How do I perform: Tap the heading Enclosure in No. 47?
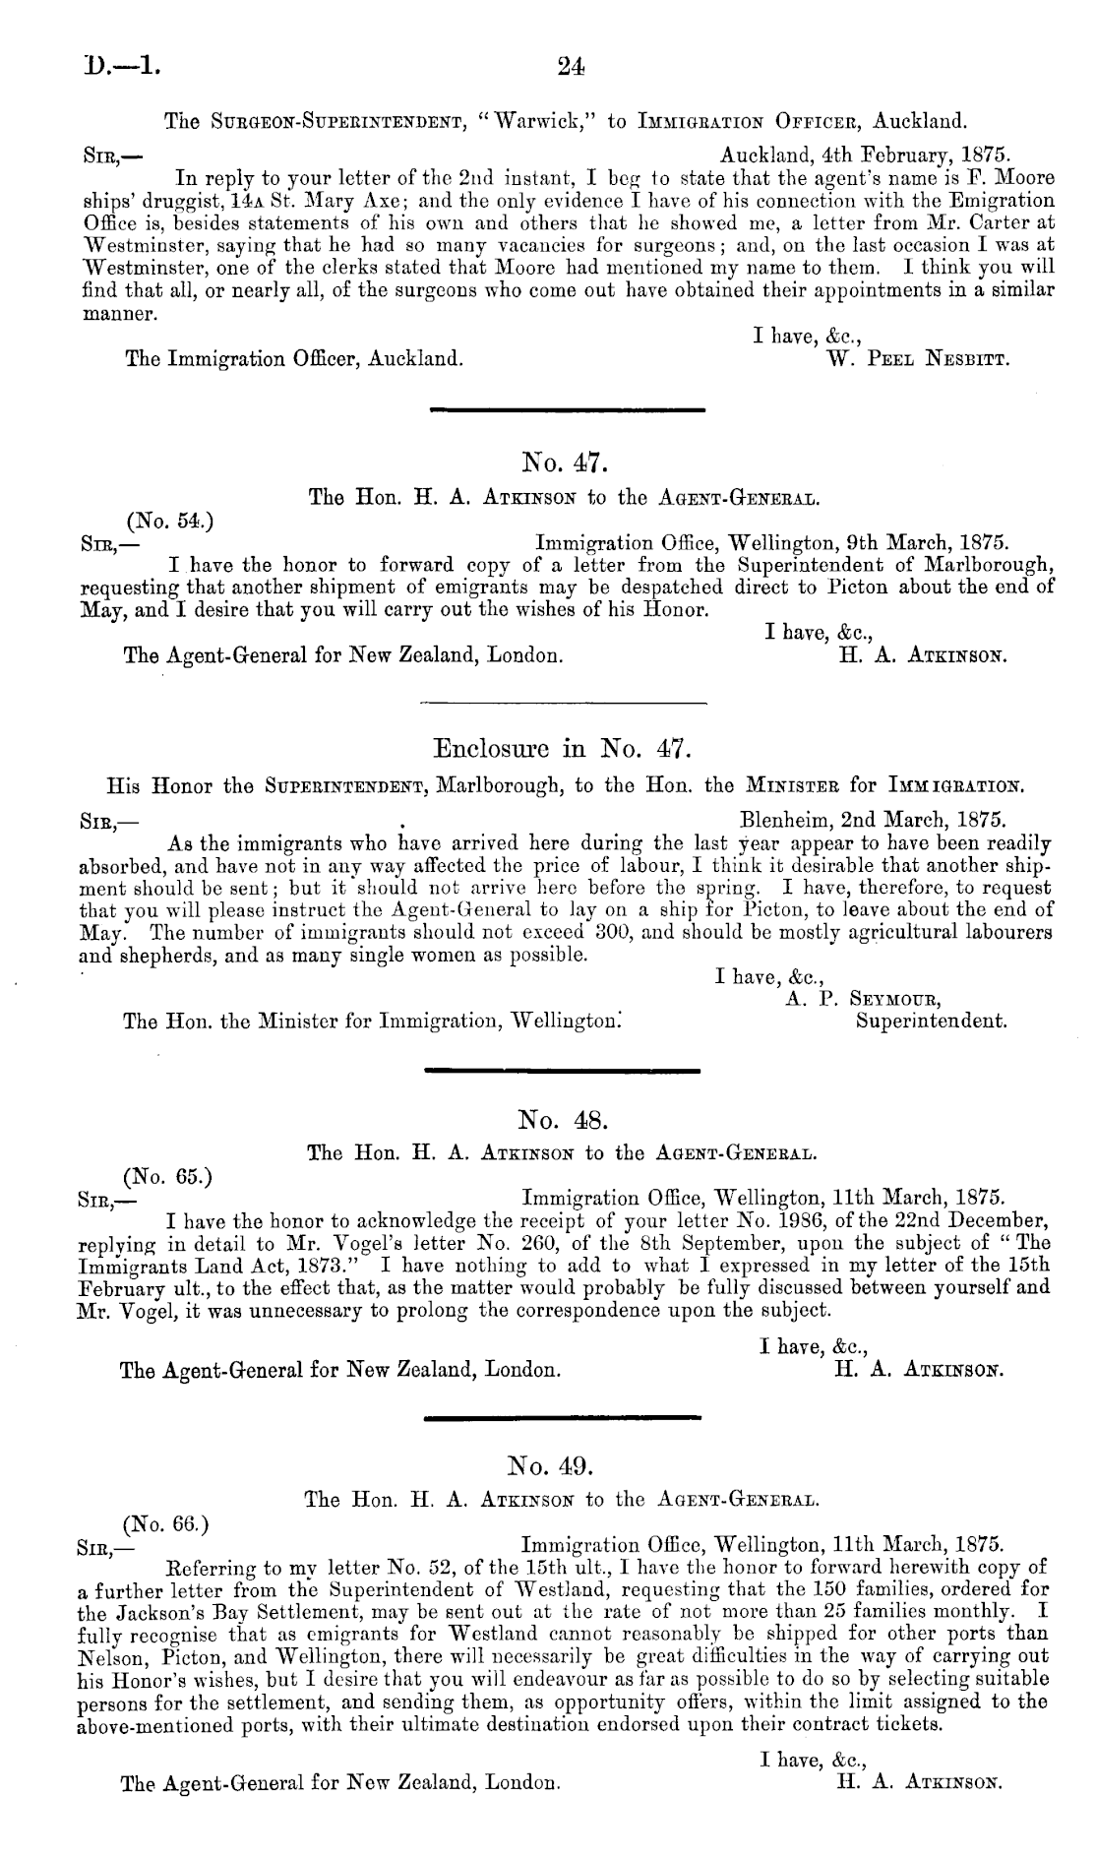[x=564, y=752]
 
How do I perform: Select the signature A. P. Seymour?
[x=858, y=1000]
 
